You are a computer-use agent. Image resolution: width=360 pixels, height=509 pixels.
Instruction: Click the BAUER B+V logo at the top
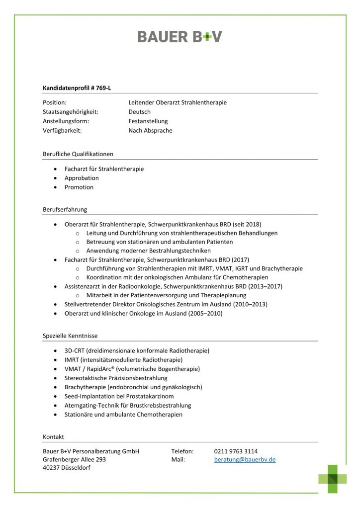(x=180, y=36)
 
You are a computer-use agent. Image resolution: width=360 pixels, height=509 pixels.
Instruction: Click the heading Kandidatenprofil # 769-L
(x=77, y=88)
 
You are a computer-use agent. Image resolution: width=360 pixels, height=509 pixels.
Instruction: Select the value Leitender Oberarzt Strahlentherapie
(x=178, y=102)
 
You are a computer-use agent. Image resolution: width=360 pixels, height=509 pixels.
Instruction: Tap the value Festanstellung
(x=148, y=121)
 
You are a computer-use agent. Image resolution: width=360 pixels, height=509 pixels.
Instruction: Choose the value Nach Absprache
(x=151, y=131)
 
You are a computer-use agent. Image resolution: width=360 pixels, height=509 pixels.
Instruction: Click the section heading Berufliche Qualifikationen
(x=78, y=154)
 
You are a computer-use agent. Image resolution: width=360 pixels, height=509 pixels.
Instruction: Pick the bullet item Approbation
(x=82, y=178)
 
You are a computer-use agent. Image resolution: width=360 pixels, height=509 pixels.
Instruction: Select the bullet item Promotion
(x=79, y=187)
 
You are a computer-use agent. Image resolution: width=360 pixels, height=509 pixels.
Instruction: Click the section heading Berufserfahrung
(x=65, y=210)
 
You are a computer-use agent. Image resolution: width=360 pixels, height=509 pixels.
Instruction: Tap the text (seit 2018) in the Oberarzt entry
(x=246, y=224)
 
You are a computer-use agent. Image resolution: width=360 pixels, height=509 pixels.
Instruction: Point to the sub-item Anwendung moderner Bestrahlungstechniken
(x=148, y=251)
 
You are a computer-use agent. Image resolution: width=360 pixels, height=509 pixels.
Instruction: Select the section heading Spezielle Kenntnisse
(x=70, y=336)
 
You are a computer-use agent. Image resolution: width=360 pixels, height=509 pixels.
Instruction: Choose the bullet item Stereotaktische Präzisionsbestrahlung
(x=116, y=378)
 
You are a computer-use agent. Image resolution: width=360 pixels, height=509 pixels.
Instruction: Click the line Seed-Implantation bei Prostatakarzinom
(x=119, y=396)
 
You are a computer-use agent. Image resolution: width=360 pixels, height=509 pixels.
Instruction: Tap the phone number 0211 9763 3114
(x=236, y=451)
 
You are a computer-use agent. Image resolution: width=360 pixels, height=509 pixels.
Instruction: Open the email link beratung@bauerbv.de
(x=245, y=460)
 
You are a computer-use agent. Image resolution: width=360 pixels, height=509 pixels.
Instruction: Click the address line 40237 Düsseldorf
(x=67, y=468)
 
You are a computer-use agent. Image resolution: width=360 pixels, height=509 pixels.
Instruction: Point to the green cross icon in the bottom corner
(x=333, y=478)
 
